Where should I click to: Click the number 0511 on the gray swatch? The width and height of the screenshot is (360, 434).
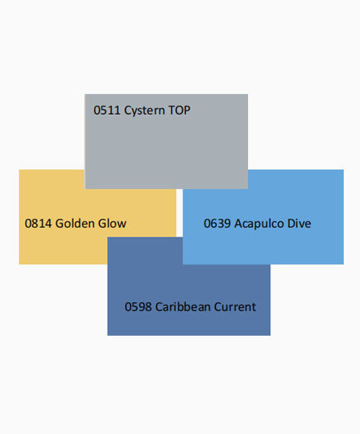107,111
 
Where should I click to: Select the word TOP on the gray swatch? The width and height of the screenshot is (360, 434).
179,111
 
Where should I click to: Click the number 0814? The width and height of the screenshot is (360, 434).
38,224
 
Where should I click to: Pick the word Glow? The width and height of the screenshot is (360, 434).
112,223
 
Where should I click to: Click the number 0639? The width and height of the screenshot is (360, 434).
217,224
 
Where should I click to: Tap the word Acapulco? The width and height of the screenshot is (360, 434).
259,224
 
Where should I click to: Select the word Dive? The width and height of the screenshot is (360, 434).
299,223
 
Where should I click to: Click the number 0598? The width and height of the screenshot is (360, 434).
138,307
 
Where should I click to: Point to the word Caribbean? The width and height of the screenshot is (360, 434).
182,306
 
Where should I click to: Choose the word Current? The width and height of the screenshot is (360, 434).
235,307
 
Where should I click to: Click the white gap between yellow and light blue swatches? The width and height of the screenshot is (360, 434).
179,213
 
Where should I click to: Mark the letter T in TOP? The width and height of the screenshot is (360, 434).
171,111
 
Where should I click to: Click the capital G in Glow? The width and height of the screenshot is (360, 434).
101,224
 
